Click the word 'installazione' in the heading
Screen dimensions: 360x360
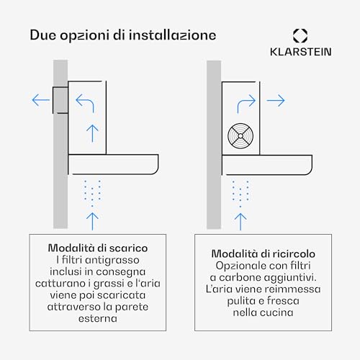[x=172, y=35]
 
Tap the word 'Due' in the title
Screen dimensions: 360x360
[x=43, y=35]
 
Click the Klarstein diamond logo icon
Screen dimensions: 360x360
[x=300, y=36]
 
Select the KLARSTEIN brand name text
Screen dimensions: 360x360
[x=301, y=52]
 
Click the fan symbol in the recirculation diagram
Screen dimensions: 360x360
[x=240, y=136]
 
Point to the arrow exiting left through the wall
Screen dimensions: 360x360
[x=41, y=100]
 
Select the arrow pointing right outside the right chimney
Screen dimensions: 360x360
[x=276, y=100]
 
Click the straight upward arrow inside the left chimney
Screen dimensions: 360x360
[x=92, y=133]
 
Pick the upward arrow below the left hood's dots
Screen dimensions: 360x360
[x=92, y=222]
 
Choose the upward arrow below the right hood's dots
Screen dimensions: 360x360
[x=240, y=222]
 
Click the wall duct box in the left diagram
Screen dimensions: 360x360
[x=60, y=100]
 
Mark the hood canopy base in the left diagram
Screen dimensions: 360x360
[x=113, y=164]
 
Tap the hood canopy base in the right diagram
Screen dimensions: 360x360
[x=267, y=165]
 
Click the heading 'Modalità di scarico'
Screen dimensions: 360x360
[x=98, y=248]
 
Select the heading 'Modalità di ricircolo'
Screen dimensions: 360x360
[x=264, y=253]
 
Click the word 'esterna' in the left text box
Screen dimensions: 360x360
[x=98, y=319]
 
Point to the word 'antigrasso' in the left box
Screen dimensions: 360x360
[x=112, y=261]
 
